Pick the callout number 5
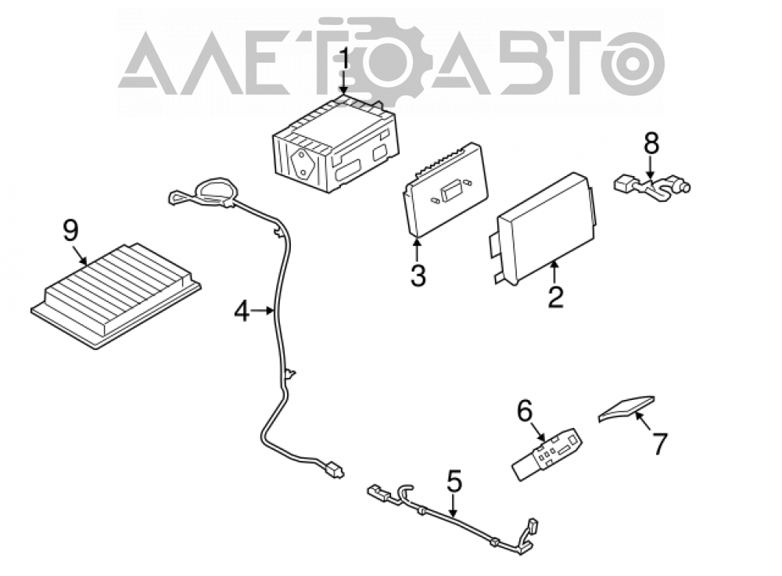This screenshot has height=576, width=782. (x=454, y=481)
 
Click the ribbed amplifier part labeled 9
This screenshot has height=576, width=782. (x=116, y=295)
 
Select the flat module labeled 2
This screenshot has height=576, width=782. (x=542, y=228)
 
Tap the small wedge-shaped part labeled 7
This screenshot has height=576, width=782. (x=626, y=409)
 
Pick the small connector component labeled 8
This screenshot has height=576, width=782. (x=651, y=188)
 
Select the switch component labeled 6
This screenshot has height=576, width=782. (x=547, y=454)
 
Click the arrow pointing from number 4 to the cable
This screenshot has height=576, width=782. (x=263, y=311)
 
